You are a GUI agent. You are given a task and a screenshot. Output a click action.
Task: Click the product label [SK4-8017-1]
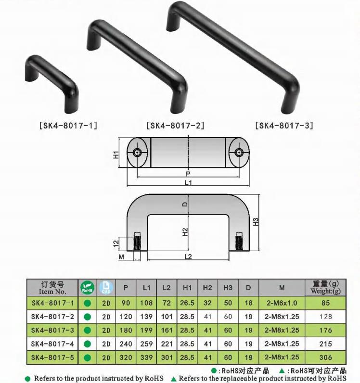[68, 126]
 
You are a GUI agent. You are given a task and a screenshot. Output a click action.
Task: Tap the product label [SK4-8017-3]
[284, 126]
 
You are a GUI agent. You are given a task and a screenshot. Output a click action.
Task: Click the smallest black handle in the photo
[52, 84]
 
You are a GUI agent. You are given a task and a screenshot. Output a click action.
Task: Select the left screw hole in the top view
[137, 153]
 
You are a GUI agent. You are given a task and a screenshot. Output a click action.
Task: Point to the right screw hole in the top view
[239, 153]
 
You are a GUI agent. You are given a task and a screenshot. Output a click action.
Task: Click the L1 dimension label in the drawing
[188, 183]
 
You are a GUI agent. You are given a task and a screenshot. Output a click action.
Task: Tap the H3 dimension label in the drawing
[256, 222]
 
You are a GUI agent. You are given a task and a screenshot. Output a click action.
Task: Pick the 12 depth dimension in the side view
[116, 243]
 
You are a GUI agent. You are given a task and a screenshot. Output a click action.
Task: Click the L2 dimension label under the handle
[188, 257]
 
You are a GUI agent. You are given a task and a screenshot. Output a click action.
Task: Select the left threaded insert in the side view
[138, 242]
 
